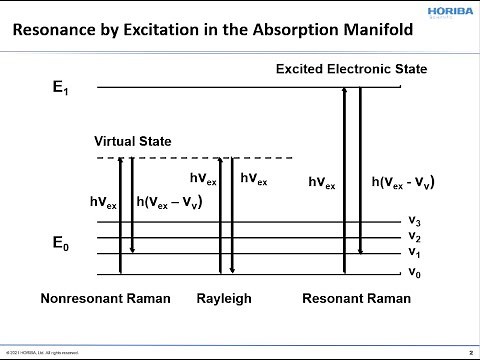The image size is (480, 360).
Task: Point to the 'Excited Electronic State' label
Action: click(x=351, y=69)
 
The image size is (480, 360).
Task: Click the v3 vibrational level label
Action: click(x=413, y=220)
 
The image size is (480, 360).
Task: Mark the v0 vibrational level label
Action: click(x=413, y=272)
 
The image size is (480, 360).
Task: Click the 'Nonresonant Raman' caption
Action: click(x=106, y=298)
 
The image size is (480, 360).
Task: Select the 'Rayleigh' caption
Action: click(x=225, y=298)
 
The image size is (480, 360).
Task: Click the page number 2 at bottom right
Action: click(x=470, y=352)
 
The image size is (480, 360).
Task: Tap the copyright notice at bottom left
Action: click(x=40, y=352)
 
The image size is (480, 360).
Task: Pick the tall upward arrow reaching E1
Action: click(x=345, y=180)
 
